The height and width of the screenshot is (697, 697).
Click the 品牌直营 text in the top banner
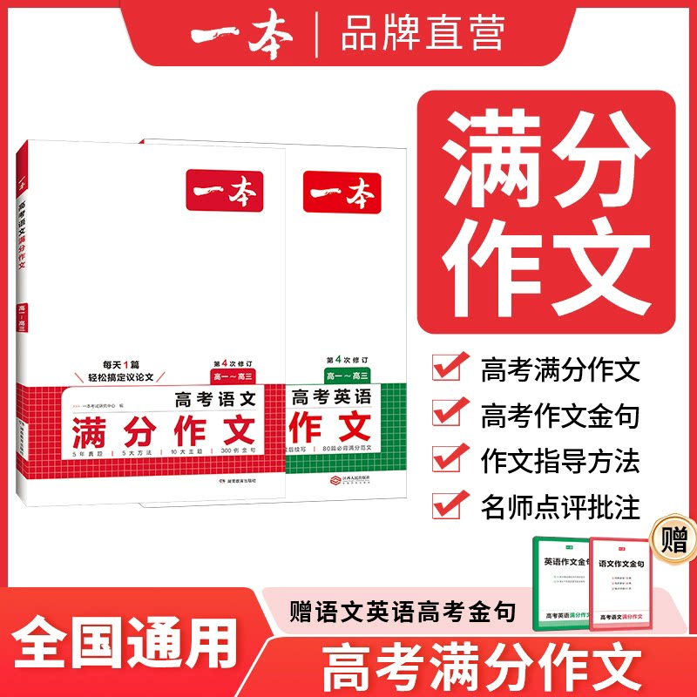(x=423, y=34)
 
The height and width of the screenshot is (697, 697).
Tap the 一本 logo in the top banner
(x=246, y=36)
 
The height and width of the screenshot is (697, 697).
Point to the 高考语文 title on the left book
(x=214, y=402)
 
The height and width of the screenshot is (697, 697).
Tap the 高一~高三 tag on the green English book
(x=347, y=376)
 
